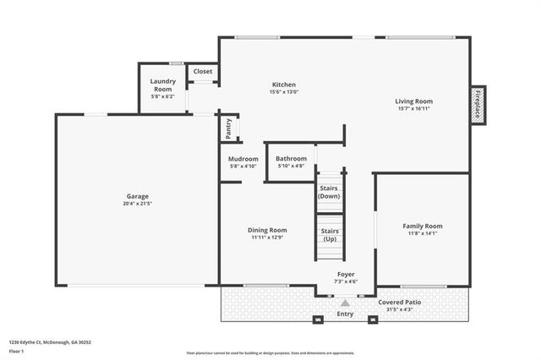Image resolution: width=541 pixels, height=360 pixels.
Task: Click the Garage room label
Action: [138, 196]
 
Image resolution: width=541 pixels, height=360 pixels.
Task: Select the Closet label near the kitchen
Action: [203, 72]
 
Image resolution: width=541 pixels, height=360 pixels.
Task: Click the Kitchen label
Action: [283, 85]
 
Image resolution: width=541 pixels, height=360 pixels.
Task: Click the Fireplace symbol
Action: [478, 104]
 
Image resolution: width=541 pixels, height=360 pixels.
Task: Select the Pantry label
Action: [228, 128]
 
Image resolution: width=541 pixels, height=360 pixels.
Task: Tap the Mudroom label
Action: [243, 159]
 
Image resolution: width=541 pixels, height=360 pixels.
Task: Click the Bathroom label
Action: [291, 159]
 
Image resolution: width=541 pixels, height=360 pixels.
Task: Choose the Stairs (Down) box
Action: [329, 192]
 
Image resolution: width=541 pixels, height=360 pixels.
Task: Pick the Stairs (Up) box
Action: [329, 234]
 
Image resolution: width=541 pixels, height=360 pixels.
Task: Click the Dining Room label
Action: [267, 230]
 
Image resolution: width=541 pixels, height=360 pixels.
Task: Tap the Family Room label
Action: [422, 226]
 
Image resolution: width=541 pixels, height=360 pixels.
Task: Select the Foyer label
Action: [346, 274]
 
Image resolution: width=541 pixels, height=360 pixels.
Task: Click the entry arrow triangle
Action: [345, 302]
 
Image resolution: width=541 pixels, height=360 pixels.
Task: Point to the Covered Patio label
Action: [400, 302]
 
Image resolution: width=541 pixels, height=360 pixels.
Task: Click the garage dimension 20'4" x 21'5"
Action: [138, 204]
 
